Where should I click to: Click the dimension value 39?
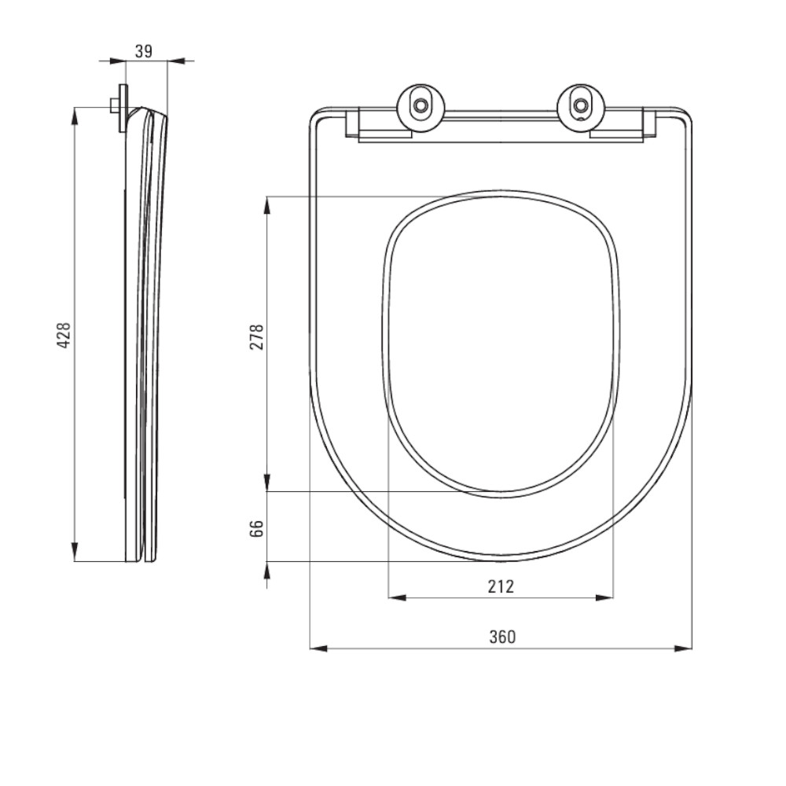point(143,51)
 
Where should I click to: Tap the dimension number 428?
point(64,336)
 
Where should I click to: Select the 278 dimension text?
point(257,337)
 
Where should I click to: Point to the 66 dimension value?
point(257,528)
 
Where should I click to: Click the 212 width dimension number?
point(501,586)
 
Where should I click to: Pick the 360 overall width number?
point(502,637)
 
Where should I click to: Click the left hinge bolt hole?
point(420,105)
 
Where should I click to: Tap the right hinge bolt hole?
point(581,105)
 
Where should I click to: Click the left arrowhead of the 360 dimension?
point(319,648)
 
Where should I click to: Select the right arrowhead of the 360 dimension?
point(683,648)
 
